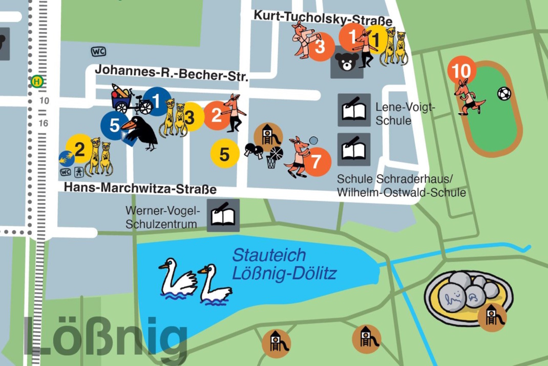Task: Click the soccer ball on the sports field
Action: [504, 94]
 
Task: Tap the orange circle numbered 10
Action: [461, 70]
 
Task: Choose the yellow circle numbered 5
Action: [225, 153]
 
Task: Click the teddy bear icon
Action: [347, 62]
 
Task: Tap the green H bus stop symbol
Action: [37, 81]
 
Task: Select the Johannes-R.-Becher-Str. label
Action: [172, 73]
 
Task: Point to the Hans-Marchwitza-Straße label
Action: [140, 189]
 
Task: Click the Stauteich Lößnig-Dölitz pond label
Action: [284, 265]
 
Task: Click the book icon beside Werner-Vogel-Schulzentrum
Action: [223, 216]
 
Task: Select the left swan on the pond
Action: [177, 278]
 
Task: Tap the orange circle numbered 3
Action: [320, 47]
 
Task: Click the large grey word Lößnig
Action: [105, 337]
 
